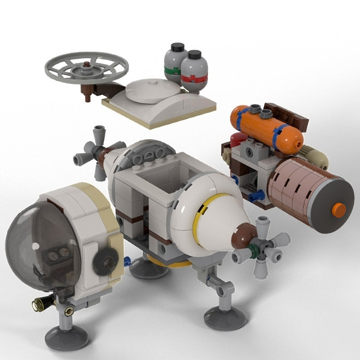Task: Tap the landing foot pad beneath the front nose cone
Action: pos(225,317)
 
